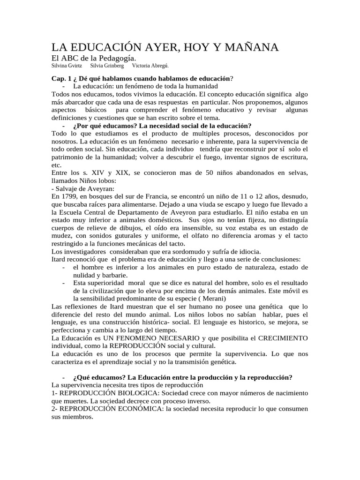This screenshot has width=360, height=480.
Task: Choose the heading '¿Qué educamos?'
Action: pos(99,378)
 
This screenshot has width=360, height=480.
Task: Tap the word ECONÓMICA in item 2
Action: pos(136,409)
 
